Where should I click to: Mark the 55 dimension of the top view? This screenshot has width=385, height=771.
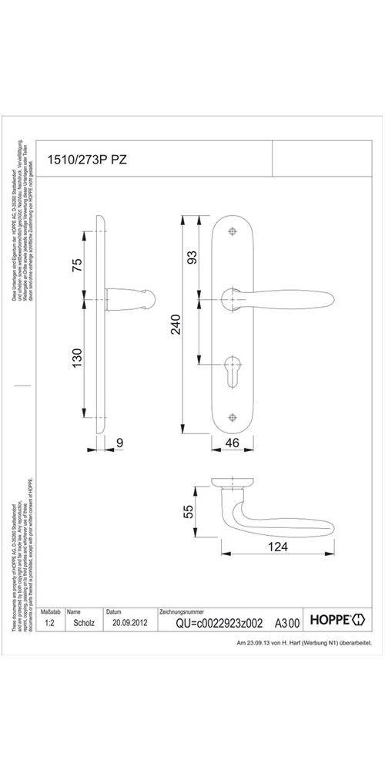click(187, 512)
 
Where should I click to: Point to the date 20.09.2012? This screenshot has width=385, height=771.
click(129, 621)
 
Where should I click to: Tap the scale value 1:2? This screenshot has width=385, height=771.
click(50, 621)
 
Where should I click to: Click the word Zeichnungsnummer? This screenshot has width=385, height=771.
click(182, 610)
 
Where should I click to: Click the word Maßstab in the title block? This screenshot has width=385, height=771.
click(50, 610)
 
